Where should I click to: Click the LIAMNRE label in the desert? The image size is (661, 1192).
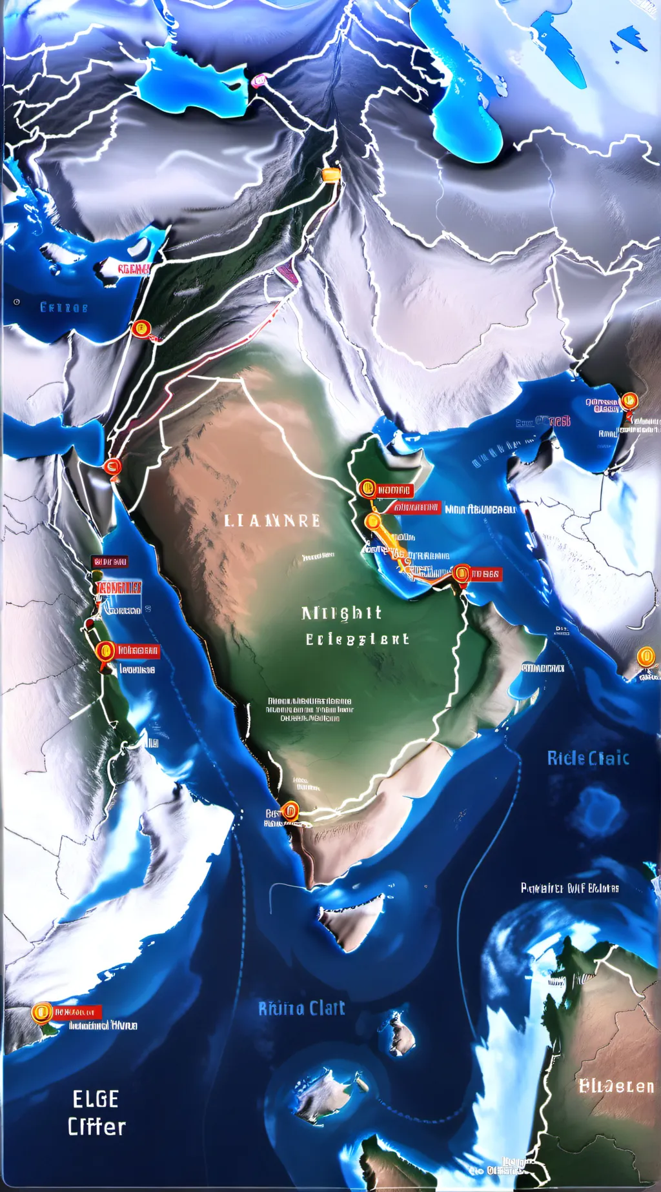(x=272, y=521)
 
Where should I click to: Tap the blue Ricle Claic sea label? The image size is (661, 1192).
(x=587, y=758)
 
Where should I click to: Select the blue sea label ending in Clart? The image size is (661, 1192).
(x=301, y=1008)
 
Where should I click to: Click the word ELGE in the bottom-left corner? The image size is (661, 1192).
(x=96, y=1098)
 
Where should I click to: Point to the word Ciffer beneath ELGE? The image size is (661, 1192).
(x=97, y=1127)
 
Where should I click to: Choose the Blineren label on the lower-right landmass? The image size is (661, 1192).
(x=616, y=1086)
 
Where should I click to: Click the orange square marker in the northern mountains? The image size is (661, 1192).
(x=330, y=174)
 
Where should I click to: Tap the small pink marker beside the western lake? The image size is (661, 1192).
(x=259, y=81)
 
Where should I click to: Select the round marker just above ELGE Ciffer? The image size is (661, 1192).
(x=42, y=1013)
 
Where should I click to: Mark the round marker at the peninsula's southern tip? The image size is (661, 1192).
(x=290, y=810)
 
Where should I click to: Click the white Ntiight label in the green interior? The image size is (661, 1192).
(x=341, y=613)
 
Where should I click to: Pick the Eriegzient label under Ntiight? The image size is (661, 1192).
(x=357, y=639)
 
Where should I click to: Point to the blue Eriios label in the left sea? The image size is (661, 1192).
(x=64, y=307)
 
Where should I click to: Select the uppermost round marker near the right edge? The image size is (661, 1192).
(x=629, y=402)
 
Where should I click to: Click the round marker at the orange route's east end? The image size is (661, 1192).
(x=462, y=573)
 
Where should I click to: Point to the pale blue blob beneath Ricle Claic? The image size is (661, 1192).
(x=601, y=810)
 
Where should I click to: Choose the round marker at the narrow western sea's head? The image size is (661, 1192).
(x=112, y=466)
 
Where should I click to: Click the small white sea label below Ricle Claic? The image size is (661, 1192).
(x=569, y=888)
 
